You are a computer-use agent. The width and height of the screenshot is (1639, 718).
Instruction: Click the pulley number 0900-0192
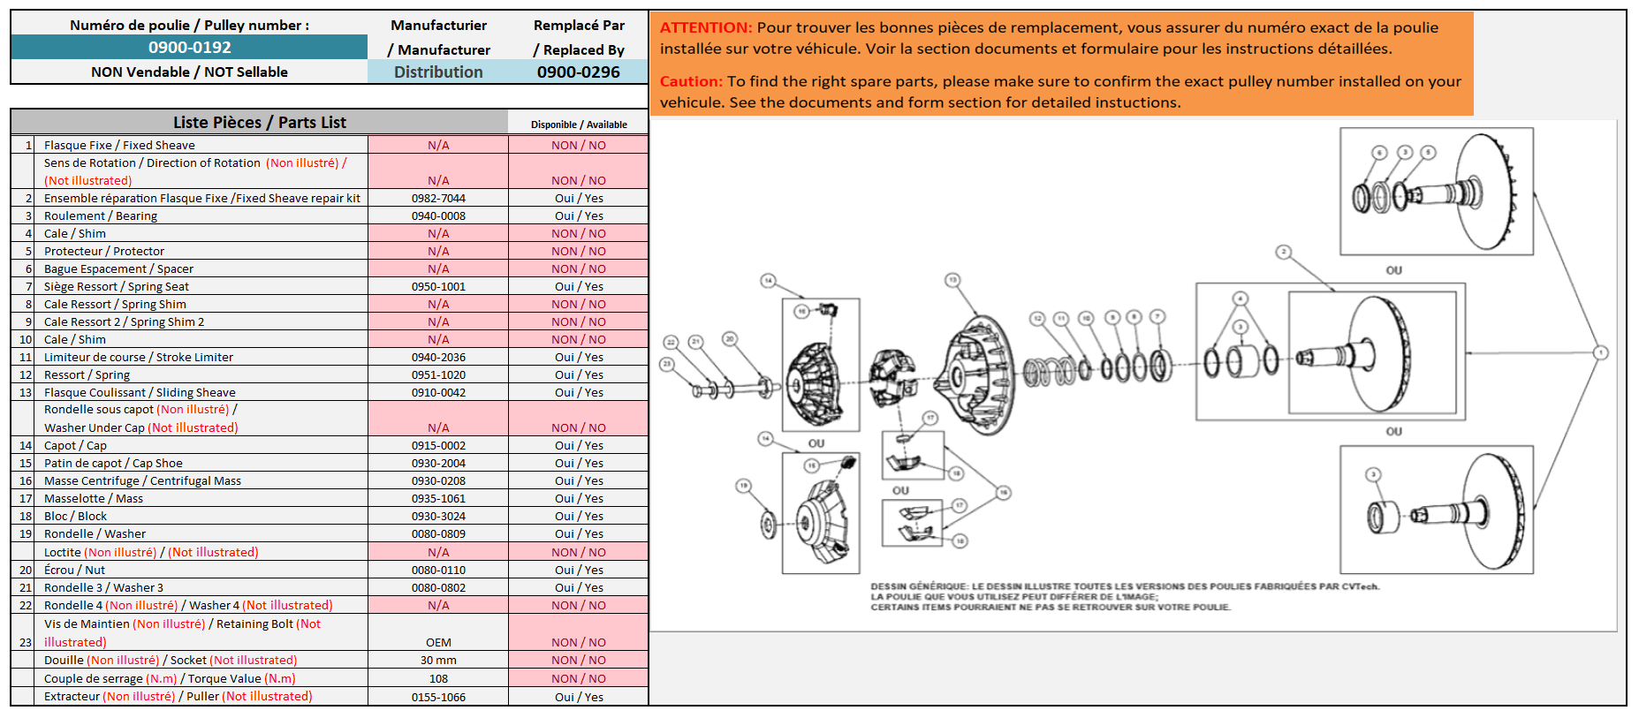pyautogui.click(x=189, y=48)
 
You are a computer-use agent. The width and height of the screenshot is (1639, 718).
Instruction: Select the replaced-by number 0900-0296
pyautogui.click(x=579, y=72)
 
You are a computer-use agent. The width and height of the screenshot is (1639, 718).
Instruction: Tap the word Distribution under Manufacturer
pyautogui.click(x=438, y=72)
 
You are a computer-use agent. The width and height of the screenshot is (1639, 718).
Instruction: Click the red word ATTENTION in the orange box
pyautogui.click(x=705, y=28)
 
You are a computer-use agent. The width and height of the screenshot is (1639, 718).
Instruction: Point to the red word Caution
pyautogui.click(x=691, y=81)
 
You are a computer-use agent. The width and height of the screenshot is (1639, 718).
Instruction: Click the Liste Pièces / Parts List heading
pyautogui.click(x=259, y=123)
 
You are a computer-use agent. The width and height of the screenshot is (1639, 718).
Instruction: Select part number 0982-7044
pyautogui.click(x=438, y=199)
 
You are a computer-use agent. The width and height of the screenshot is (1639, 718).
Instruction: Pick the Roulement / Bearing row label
pyautogui.click(x=100, y=216)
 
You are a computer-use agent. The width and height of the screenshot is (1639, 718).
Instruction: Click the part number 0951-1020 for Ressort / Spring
pyautogui.click(x=438, y=375)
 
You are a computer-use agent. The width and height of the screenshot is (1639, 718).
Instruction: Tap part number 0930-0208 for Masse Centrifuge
pyautogui.click(x=438, y=481)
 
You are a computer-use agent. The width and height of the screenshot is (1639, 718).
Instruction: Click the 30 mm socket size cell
pyautogui.click(x=438, y=661)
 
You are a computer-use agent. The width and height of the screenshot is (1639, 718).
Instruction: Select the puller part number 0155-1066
pyautogui.click(x=438, y=698)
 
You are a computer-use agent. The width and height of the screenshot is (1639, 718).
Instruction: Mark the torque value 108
pyautogui.click(x=438, y=679)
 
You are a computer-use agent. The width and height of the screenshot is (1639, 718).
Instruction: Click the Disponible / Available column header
pyautogui.click(x=579, y=125)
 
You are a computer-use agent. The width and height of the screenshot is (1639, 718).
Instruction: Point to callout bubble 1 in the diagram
pyautogui.click(x=1600, y=352)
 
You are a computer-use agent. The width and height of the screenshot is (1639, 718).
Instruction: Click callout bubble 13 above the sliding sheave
pyautogui.click(x=952, y=280)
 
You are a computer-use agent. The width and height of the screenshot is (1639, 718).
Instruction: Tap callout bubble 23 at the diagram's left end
pyautogui.click(x=667, y=364)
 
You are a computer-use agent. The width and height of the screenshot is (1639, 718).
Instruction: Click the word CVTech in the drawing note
pyautogui.click(x=1359, y=586)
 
